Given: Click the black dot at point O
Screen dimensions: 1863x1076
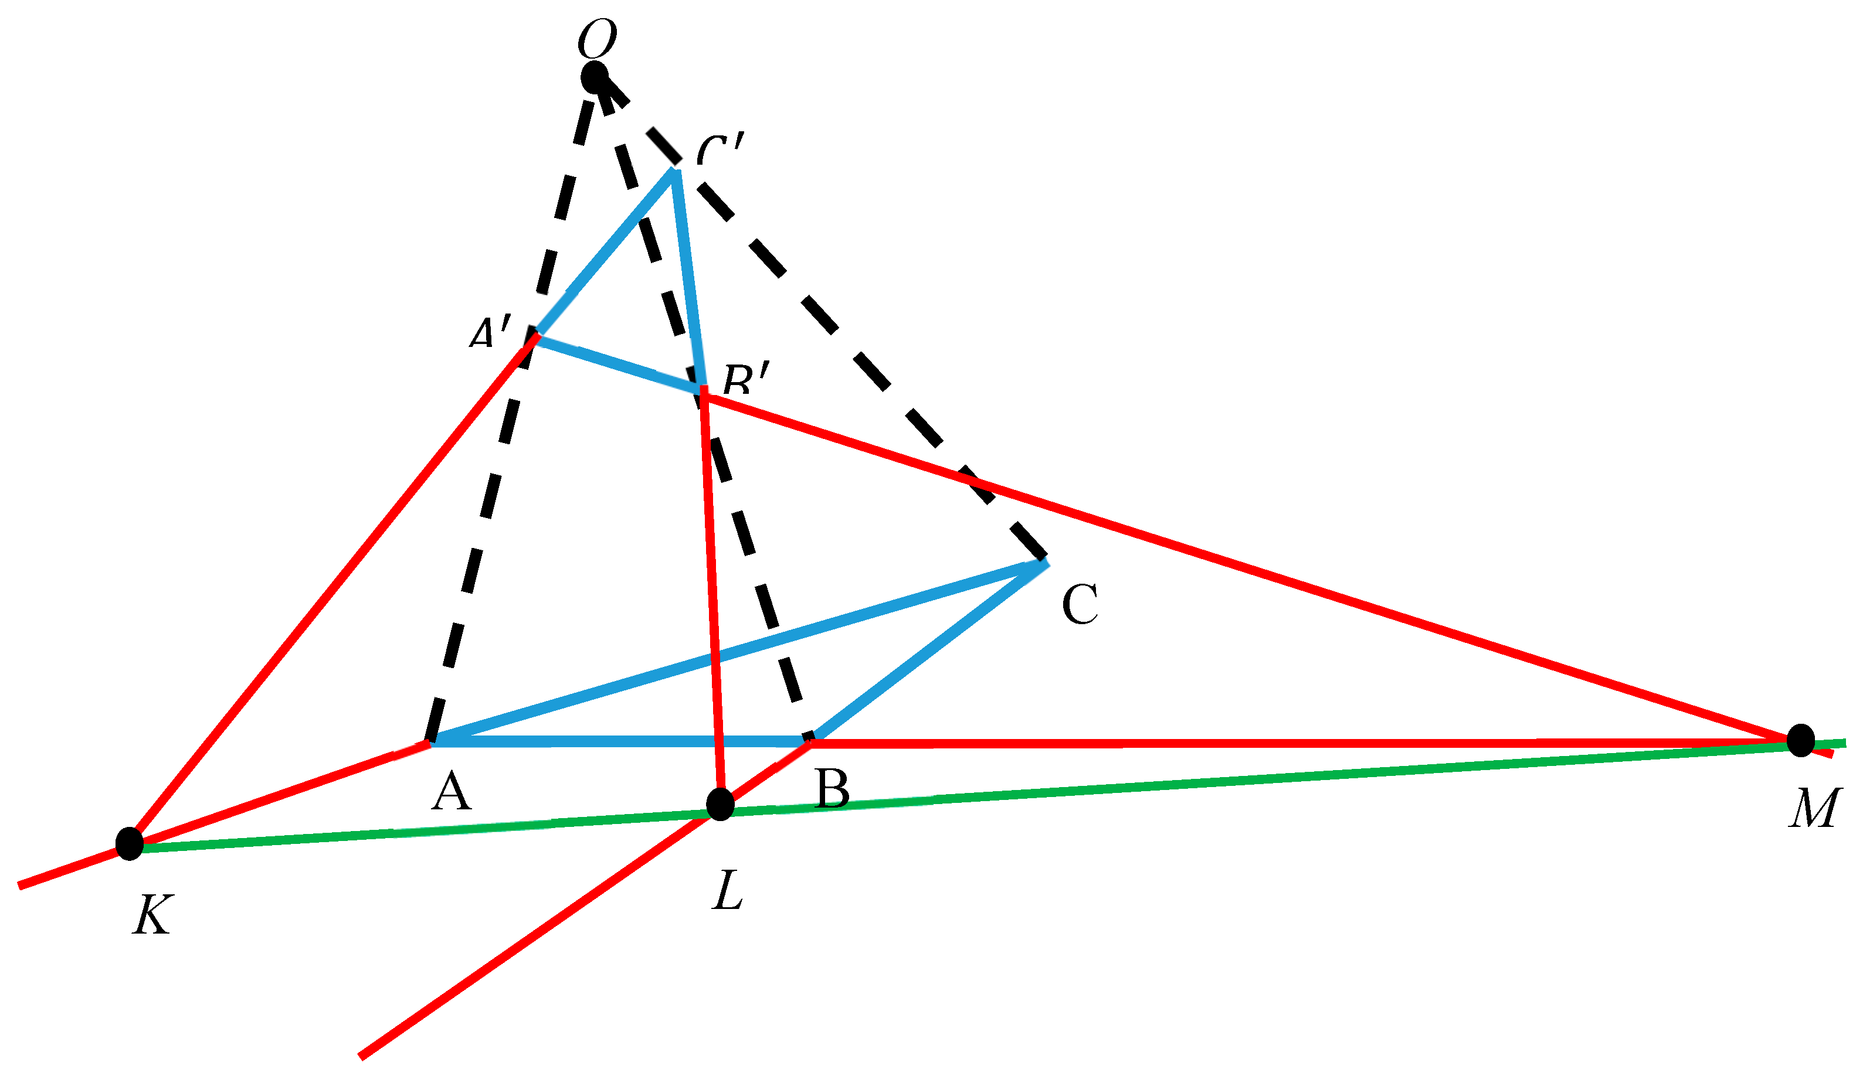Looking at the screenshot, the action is [595, 77].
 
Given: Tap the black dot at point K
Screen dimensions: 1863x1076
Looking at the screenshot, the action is [130, 844].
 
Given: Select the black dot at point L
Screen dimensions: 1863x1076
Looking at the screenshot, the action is [720, 804].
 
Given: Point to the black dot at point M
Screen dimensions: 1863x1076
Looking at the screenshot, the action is [1801, 741].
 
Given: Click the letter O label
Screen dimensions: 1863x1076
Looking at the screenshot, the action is [596, 39].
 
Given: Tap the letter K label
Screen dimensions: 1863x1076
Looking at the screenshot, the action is [152, 915].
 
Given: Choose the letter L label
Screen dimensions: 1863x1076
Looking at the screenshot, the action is [728, 890].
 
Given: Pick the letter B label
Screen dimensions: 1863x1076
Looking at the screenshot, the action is [833, 790].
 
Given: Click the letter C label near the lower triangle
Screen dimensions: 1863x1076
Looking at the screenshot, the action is [1080, 604].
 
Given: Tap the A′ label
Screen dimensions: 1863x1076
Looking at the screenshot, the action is [490, 332].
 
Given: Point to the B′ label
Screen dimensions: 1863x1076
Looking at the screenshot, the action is [746, 380].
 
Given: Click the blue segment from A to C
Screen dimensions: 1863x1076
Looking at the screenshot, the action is [739, 652].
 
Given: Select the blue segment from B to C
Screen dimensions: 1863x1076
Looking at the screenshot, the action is [928, 651].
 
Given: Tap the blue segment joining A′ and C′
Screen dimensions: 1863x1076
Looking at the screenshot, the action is [605, 252].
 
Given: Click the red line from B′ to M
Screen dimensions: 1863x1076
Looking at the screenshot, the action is [1257, 569].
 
